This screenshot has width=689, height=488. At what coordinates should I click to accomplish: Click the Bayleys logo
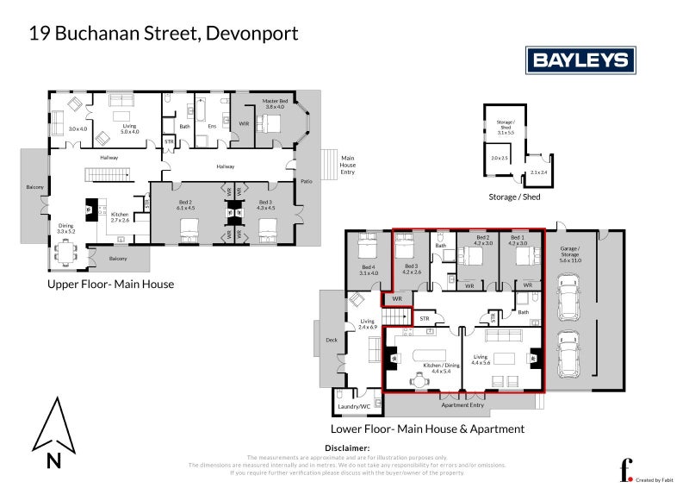click(580, 60)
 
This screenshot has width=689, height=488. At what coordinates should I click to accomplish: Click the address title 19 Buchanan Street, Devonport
click(164, 34)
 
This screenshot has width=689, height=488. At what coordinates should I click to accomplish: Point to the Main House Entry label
click(348, 165)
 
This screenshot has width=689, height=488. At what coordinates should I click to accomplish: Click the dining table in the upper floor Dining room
click(65, 252)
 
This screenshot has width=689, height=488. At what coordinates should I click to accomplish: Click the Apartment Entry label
click(463, 404)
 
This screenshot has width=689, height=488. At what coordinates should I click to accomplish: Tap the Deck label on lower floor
click(332, 340)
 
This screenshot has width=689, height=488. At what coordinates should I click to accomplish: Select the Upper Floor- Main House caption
click(110, 284)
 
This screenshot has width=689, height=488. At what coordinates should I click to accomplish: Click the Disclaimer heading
click(344, 448)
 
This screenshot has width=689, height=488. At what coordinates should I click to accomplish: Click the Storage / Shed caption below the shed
click(514, 197)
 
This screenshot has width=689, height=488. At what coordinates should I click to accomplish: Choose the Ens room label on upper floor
click(212, 127)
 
